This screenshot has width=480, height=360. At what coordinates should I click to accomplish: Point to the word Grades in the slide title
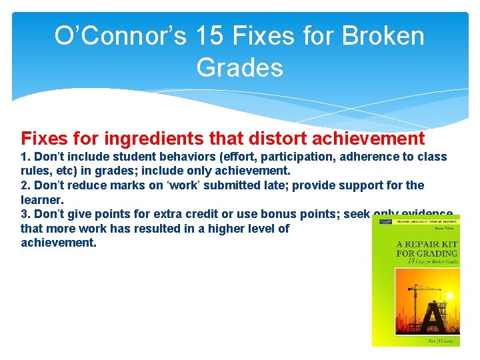(239, 67)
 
